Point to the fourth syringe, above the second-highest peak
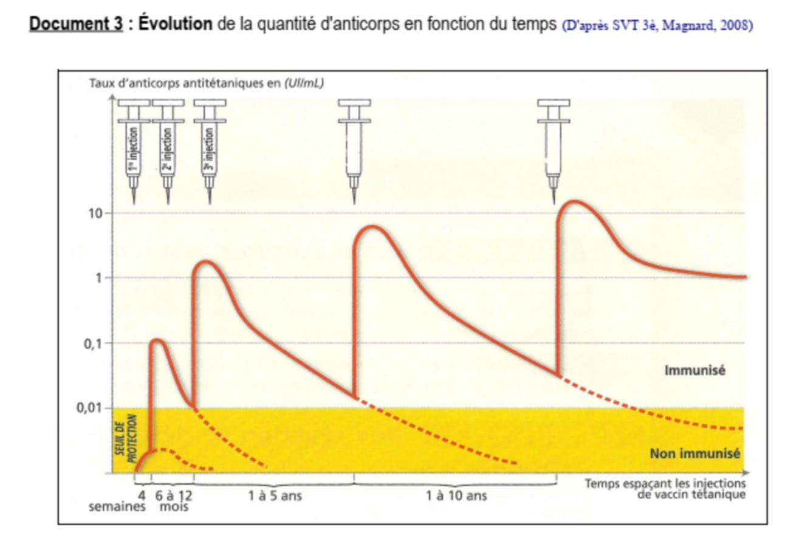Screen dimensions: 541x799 [354, 149]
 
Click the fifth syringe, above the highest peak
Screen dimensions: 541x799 [554, 149]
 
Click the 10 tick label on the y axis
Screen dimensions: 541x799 [97, 213]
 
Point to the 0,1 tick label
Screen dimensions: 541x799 [95, 343]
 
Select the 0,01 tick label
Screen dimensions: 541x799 [92, 407]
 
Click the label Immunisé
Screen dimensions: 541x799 [694, 370]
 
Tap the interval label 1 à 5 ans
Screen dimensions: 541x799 [275, 496]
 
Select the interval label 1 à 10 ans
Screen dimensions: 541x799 [457, 496]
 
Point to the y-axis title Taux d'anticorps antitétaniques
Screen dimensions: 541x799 [207, 83]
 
